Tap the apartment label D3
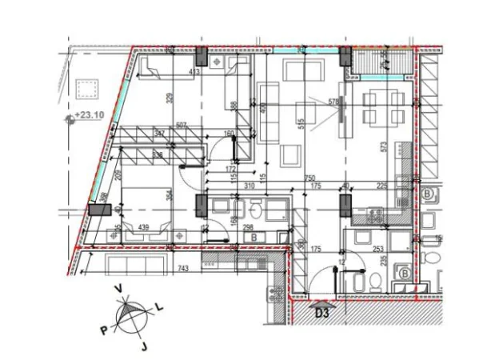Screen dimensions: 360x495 point(322,313)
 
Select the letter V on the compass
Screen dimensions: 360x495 point(118,290)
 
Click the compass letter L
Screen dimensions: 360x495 point(158,305)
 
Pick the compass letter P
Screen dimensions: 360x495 point(103,328)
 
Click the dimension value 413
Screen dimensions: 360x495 point(194,73)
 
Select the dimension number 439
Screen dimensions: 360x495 point(145,227)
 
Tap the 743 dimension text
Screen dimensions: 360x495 point(183,268)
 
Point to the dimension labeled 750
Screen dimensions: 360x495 point(310,178)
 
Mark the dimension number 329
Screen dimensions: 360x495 point(170,100)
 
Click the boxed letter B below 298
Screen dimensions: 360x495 point(253,238)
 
